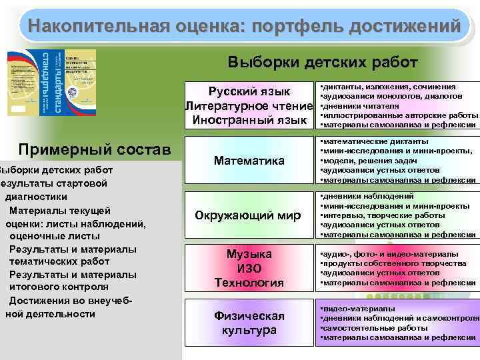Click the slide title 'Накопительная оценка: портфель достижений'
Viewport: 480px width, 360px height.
240,27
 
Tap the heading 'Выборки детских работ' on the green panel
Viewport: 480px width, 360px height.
323,63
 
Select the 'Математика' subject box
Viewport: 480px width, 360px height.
249,161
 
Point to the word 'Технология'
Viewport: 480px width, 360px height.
249,283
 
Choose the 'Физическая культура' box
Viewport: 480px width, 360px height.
249,323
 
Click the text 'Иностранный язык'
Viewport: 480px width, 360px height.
249,120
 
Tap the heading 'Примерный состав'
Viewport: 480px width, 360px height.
95,148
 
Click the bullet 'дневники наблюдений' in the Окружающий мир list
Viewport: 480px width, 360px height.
367,197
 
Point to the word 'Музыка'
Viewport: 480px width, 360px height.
249,254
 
